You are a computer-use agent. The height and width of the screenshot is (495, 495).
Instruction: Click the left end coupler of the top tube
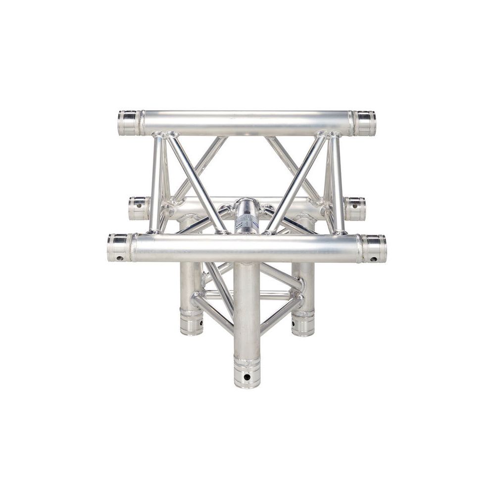[x=129, y=123]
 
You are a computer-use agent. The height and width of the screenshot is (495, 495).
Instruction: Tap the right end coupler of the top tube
[x=364, y=123]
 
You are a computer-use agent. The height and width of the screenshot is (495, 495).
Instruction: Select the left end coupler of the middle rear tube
[x=139, y=208]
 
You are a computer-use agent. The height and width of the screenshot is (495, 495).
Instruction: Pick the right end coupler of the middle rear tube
[x=355, y=208]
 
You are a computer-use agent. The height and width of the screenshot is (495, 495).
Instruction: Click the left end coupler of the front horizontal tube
[x=119, y=247]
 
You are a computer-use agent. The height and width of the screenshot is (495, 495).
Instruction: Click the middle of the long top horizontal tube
[x=247, y=123]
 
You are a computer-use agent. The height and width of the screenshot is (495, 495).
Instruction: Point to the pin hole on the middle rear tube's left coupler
[x=138, y=204]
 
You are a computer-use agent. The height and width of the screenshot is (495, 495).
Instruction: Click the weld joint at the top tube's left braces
[x=165, y=135]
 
